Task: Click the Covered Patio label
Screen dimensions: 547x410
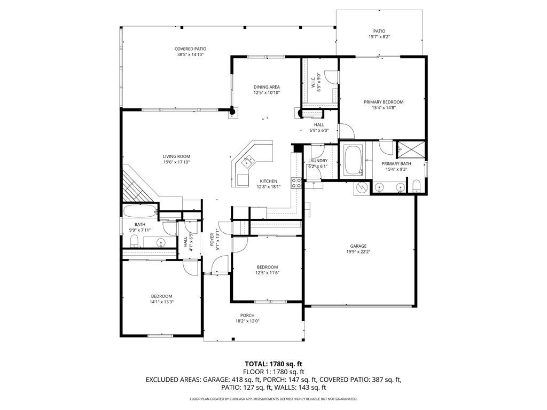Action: pos(190,49)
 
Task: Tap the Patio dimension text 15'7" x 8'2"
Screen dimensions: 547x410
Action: pos(379,37)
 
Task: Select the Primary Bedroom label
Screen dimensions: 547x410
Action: pos(384,102)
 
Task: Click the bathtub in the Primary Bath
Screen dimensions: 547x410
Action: pos(353,160)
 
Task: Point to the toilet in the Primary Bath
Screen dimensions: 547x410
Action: pos(416,186)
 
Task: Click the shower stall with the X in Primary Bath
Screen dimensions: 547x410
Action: pos(411,150)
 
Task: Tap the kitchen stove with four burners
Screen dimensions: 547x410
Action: pos(296,183)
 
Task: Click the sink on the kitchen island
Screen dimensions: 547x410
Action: pos(249,161)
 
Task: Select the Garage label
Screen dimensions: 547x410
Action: pos(358,246)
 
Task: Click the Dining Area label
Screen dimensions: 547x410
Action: pos(267,87)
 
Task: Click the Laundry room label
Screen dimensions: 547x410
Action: pos(318,161)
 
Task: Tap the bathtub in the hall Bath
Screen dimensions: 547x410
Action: pos(140,211)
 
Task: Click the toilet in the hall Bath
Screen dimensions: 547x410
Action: pos(134,241)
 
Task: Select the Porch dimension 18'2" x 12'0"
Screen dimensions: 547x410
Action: pos(247,321)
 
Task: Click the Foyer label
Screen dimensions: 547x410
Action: pos(212,239)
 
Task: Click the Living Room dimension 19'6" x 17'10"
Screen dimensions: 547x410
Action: pos(176,162)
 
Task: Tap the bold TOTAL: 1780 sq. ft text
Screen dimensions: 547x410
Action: pos(273,365)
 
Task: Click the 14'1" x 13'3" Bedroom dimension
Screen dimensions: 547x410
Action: pos(161,302)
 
